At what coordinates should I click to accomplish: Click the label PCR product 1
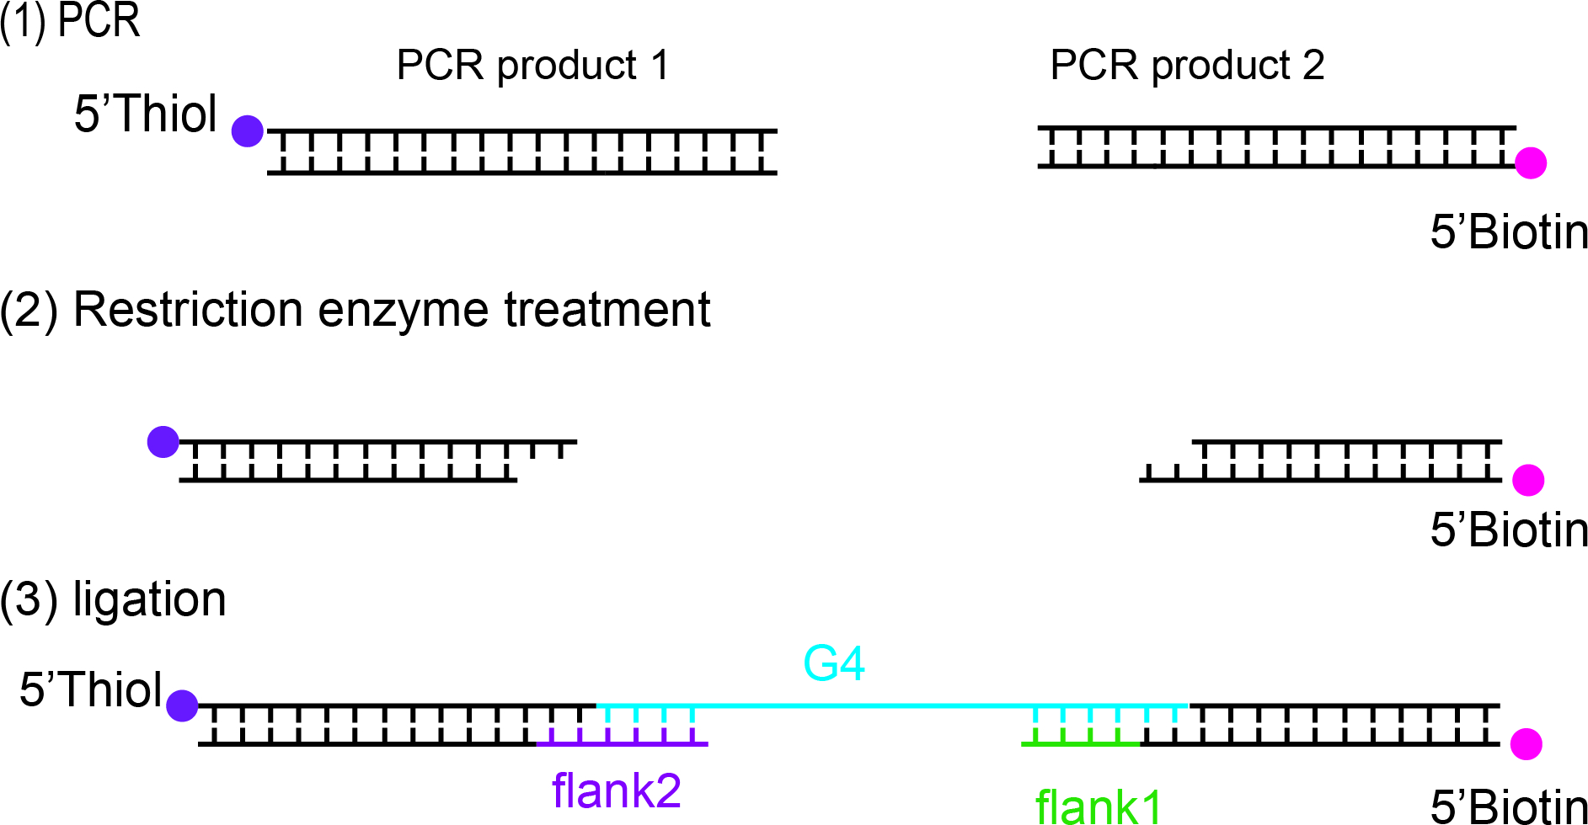click(532, 66)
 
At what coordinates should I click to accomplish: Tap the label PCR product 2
click(1187, 66)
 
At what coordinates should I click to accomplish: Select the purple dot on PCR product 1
click(248, 130)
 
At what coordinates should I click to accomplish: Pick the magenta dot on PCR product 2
click(1531, 162)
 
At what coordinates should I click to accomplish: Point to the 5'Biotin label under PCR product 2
click(1509, 232)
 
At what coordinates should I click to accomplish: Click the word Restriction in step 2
click(187, 310)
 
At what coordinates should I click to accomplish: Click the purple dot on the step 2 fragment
click(163, 441)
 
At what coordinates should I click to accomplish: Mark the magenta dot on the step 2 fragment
click(1528, 480)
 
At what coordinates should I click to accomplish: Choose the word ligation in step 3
click(150, 600)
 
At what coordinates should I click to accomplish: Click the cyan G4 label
click(834, 663)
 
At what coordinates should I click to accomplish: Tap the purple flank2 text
click(616, 790)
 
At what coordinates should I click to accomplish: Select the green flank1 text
click(1099, 806)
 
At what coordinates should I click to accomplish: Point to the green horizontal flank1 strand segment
click(1081, 744)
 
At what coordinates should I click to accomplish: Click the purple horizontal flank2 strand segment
click(623, 744)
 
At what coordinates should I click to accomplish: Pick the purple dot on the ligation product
click(182, 705)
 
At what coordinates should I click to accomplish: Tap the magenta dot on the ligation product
click(1526, 744)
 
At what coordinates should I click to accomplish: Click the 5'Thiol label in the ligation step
click(91, 690)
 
